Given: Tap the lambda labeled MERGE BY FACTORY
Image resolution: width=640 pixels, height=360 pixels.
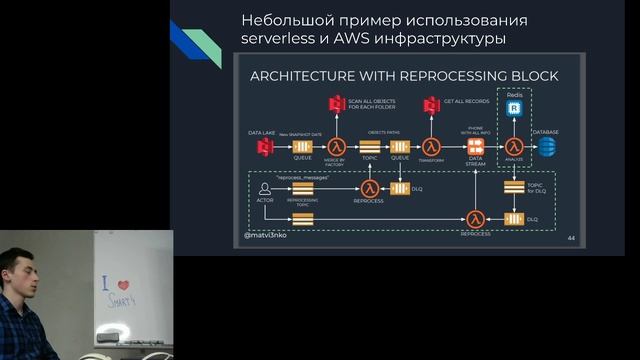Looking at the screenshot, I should pyautogui.click(x=335, y=147).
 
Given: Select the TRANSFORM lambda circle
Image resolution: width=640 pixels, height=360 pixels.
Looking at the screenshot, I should pyautogui.click(x=432, y=147).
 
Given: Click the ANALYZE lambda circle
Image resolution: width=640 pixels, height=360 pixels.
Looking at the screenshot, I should pyautogui.click(x=515, y=147).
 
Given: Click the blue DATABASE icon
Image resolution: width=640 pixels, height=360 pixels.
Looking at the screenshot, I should pyautogui.click(x=546, y=147).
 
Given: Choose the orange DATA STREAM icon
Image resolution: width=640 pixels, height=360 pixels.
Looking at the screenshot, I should pyautogui.click(x=476, y=147).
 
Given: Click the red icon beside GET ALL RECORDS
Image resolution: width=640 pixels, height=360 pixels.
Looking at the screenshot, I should pyautogui.click(x=432, y=105).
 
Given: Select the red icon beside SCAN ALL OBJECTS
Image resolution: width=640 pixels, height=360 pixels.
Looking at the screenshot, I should pyautogui.click(x=335, y=105).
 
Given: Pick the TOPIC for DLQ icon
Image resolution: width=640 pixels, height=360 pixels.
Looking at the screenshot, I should pyautogui.click(x=515, y=186).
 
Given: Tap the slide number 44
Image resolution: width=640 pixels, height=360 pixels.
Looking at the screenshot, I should pyautogui.click(x=571, y=238).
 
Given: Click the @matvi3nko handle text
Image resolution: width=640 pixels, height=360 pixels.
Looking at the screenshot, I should pyautogui.click(x=270, y=237).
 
